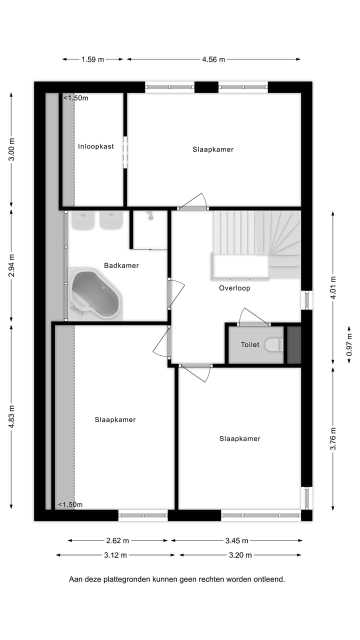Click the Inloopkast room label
96,146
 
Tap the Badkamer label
121,265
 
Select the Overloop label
234,288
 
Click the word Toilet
250,344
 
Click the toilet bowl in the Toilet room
273,344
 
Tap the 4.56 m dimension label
213,59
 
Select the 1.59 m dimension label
92,59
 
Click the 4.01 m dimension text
333,287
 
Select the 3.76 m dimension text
333,438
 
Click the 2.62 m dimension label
117,540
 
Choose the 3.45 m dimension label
237,540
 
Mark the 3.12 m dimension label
115,555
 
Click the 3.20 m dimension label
240,555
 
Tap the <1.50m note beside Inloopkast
75,98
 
